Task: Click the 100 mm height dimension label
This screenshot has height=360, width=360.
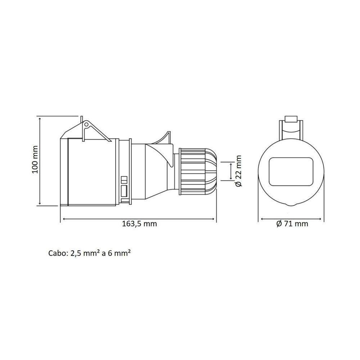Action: coord(35,160)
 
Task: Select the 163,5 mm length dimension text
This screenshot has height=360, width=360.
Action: coord(140,224)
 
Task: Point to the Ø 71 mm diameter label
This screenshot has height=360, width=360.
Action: coord(292,224)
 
